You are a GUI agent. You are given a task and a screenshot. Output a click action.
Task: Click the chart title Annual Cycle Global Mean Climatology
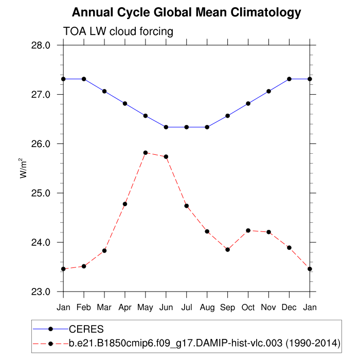click(x=186, y=12)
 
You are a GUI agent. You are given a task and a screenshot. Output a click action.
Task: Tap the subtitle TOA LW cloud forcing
click(x=118, y=31)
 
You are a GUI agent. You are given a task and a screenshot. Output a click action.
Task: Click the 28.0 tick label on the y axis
click(x=41, y=45)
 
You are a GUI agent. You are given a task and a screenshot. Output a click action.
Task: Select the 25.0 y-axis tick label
click(x=41, y=193)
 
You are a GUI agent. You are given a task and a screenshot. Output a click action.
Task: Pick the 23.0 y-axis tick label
click(x=41, y=292)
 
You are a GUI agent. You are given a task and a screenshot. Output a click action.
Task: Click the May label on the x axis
click(x=146, y=307)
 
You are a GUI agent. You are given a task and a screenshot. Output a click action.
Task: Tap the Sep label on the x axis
click(x=228, y=307)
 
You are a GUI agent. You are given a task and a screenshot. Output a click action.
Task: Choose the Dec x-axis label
click(x=290, y=307)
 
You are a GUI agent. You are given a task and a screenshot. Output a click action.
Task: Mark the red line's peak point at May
click(x=146, y=153)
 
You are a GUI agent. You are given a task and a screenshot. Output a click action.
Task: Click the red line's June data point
click(x=166, y=156)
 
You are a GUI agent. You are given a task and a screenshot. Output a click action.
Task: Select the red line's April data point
click(x=125, y=204)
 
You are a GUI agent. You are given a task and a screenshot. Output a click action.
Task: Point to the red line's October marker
click(x=248, y=230)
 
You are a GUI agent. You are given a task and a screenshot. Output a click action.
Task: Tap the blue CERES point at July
click(x=187, y=127)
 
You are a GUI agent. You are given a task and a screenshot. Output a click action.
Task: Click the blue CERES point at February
click(x=84, y=79)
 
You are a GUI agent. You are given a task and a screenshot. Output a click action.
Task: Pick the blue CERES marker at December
click(x=290, y=79)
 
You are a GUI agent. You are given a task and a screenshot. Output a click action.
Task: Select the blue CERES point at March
click(x=104, y=91)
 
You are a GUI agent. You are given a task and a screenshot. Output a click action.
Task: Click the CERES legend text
click(x=86, y=329)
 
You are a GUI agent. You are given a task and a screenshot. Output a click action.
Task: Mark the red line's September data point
click(x=228, y=249)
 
